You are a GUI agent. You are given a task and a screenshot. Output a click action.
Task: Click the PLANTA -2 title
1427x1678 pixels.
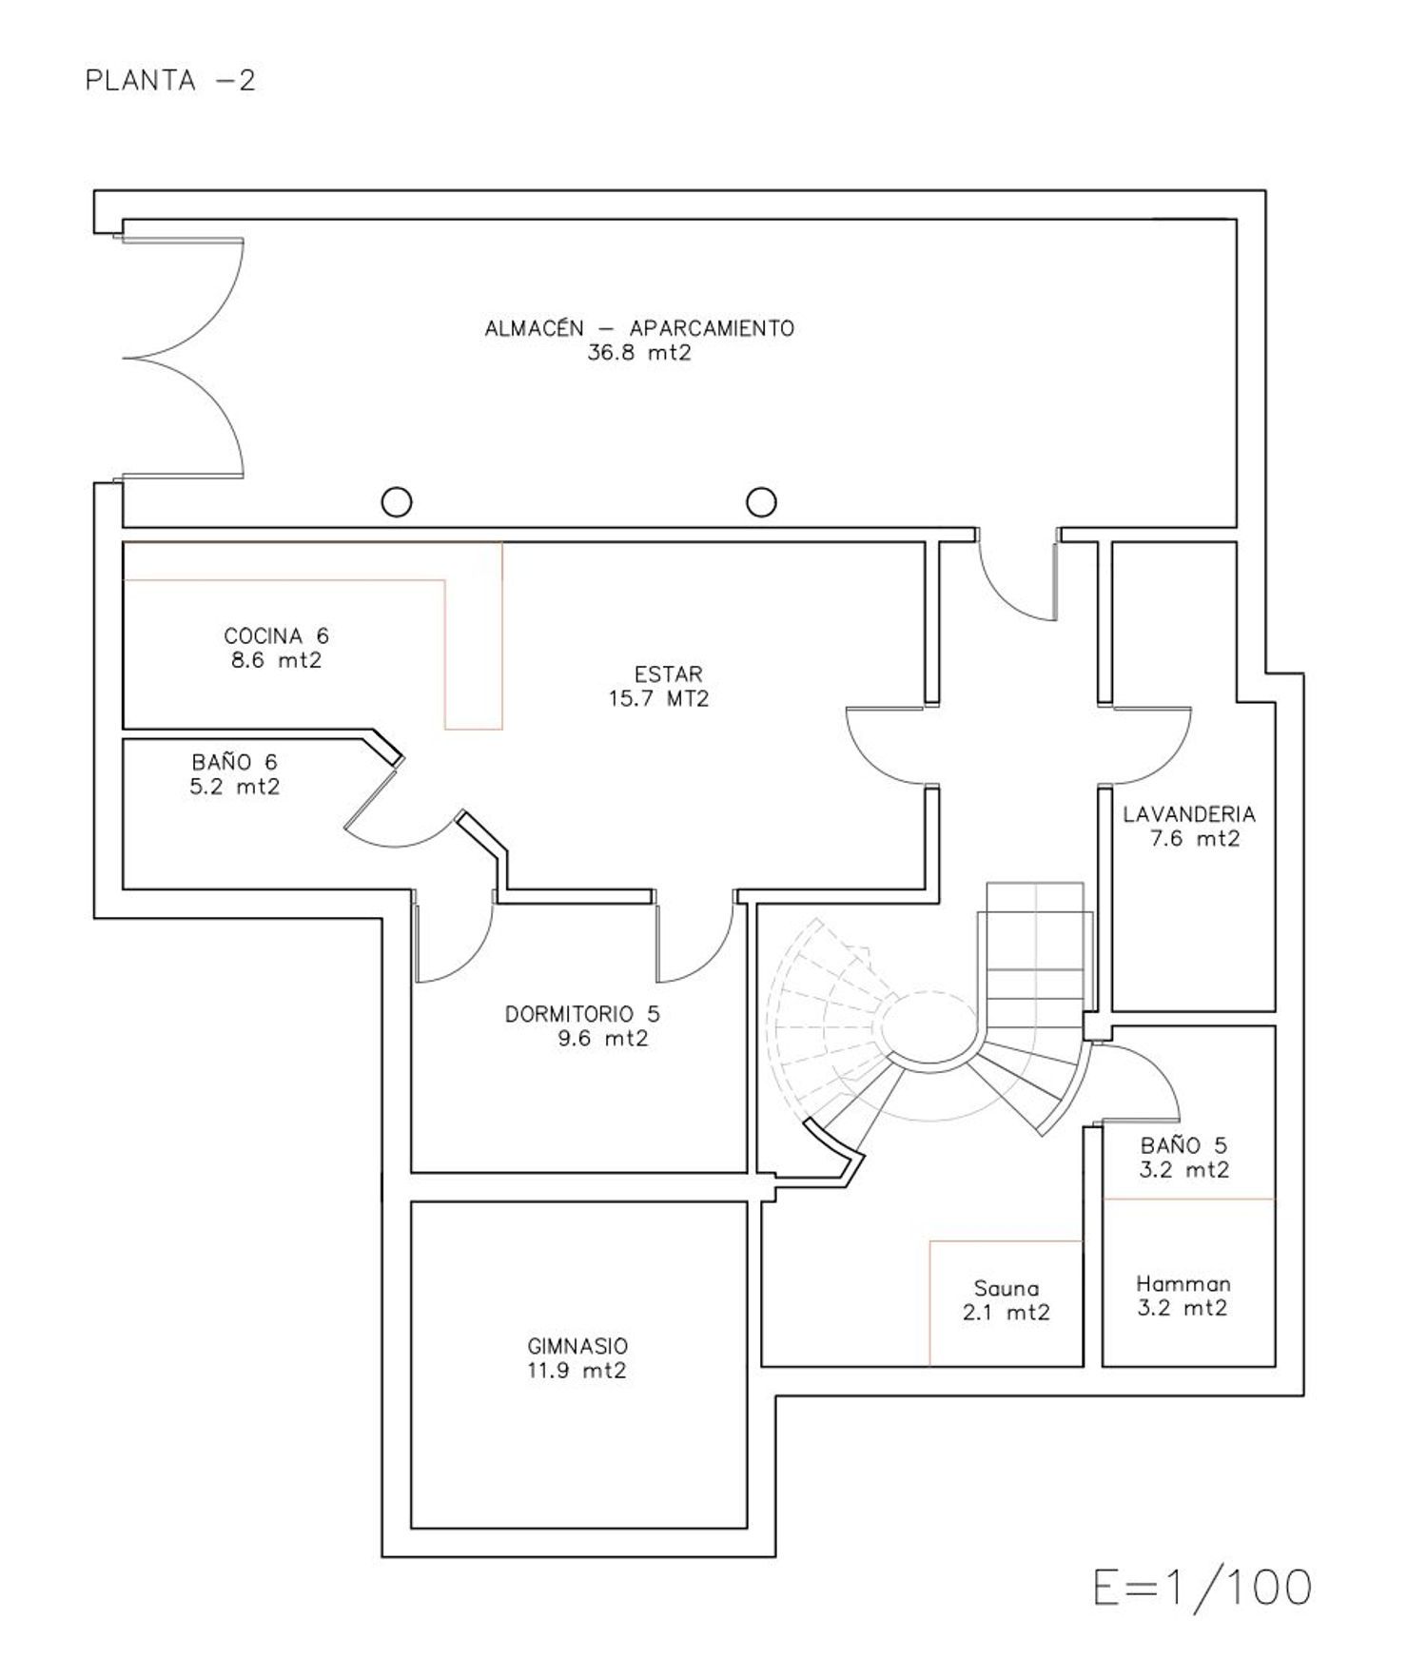pyautogui.click(x=170, y=80)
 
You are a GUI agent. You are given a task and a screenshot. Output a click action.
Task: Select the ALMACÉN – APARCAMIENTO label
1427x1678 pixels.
pyautogui.click(x=639, y=328)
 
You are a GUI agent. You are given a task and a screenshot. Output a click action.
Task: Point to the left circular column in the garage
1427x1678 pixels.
pyautogui.click(x=397, y=501)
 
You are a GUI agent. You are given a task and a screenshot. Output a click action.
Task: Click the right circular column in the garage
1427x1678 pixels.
pyautogui.click(x=761, y=501)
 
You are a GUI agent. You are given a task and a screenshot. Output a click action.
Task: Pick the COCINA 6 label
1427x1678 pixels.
pyautogui.click(x=276, y=635)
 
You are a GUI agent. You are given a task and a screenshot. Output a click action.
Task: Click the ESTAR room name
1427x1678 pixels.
pyautogui.click(x=669, y=674)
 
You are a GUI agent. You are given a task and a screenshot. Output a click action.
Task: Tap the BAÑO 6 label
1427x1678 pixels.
pyautogui.click(x=234, y=762)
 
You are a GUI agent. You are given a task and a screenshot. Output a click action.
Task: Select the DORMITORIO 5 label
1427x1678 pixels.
pyautogui.click(x=582, y=1014)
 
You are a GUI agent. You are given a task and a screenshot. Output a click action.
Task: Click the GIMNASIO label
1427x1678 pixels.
pyautogui.click(x=577, y=1346)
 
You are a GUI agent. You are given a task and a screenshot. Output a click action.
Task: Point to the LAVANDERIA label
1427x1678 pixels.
pyautogui.click(x=1189, y=814)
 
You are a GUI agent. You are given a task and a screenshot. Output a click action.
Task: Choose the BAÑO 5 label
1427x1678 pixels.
pyautogui.click(x=1184, y=1146)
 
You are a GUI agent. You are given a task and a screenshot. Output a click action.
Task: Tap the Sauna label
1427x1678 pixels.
pyautogui.click(x=1007, y=1289)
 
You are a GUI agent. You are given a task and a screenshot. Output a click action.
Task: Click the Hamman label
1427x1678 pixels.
pyautogui.click(x=1183, y=1284)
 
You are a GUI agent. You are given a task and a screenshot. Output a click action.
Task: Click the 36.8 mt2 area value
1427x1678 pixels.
pyautogui.click(x=639, y=353)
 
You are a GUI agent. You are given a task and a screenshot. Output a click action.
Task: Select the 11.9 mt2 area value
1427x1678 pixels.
pyautogui.click(x=577, y=1371)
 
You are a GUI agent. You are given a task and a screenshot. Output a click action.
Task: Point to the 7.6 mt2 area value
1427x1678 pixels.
pyautogui.click(x=1195, y=839)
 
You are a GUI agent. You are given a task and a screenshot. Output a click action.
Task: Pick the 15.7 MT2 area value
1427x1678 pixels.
pyautogui.click(x=659, y=699)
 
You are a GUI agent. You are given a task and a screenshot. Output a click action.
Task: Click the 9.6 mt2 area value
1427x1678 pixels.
pyautogui.click(x=602, y=1039)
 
